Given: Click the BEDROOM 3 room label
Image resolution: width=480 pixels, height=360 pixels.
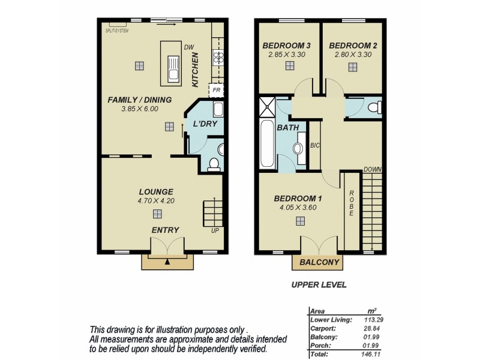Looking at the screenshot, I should pyautogui.click(x=286, y=46).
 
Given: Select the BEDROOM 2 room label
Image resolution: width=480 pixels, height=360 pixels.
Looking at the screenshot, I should pyautogui.click(x=352, y=46).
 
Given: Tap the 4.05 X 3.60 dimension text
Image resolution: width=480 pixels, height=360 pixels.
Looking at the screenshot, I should pyautogui.click(x=298, y=208).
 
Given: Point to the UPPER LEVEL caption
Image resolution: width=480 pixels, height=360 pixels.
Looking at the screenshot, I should pyautogui.click(x=319, y=285).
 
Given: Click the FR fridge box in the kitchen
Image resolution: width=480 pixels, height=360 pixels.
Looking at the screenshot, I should pyautogui.click(x=215, y=91).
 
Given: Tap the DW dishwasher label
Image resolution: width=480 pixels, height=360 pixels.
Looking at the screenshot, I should pyautogui.click(x=189, y=47).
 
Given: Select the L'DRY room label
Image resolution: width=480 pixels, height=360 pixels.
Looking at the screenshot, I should pyautogui.click(x=205, y=125).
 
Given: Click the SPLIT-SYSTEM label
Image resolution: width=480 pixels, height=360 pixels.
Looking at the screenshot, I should pyautogui.click(x=117, y=30).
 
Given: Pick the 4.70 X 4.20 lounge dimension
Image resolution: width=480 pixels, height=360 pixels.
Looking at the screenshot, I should pyautogui.click(x=155, y=201).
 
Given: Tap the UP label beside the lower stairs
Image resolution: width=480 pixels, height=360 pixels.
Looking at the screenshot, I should pyautogui.click(x=215, y=230).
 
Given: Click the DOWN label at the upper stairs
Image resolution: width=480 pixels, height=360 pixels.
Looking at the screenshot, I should pyautogui.click(x=372, y=170).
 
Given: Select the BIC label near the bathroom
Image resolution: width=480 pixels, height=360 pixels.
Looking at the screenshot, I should pyautogui.click(x=314, y=145).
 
